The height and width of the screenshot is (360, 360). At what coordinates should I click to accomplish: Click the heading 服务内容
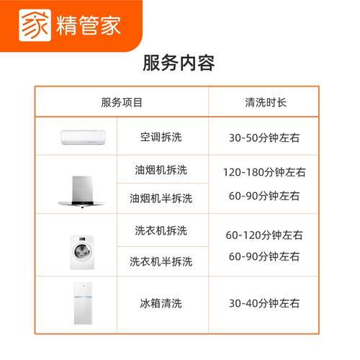click(x=179, y=63)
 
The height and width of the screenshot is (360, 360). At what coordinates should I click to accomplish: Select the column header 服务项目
click(x=122, y=102)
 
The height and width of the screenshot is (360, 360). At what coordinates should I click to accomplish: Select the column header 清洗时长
click(x=265, y=102)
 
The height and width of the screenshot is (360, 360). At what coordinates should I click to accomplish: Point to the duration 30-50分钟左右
click(x=264, y=136)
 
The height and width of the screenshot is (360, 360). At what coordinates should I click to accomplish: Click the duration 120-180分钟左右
click(x=264, y=172)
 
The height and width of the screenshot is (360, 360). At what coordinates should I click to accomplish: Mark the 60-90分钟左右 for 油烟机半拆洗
click(x=264, y=196)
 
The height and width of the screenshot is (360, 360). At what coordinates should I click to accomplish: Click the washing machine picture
click(x=81, y=251)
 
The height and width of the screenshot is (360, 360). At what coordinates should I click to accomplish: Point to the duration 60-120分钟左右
click(x=264, y=235)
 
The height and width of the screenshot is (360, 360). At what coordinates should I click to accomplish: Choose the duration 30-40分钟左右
click(x=264, y=303)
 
